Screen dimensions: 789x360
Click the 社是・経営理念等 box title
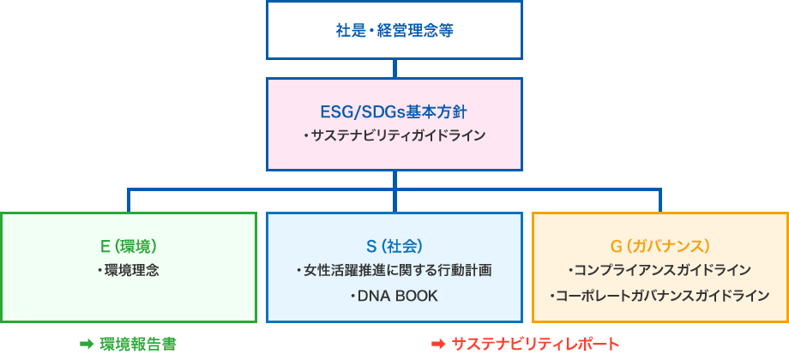point(394,31)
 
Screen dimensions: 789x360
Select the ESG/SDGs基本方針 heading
point(394,112)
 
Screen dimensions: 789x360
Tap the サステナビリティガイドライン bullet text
point(394,135)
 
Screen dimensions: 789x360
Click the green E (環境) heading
point(129,246)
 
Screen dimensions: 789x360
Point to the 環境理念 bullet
point(129,271)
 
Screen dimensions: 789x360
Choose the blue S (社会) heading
point(394,246)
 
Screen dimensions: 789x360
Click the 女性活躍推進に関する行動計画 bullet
point(394,271)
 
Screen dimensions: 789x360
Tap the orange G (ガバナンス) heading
point(660,246)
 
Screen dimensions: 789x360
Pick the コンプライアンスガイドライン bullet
point(660,271)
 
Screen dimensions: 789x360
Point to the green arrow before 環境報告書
point(87,344)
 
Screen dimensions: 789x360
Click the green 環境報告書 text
point(138,344)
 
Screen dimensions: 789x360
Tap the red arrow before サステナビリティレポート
point(439,344)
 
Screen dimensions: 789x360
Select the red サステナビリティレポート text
point(535,344)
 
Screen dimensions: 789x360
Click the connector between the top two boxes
point(394,69)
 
